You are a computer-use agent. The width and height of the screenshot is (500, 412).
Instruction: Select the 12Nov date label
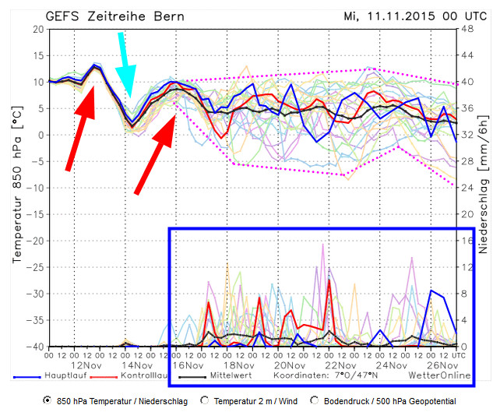pos(86,364)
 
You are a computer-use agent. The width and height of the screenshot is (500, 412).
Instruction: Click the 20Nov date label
pos(289,364)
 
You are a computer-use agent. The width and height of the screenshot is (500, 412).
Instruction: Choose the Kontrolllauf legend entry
pos(146,376)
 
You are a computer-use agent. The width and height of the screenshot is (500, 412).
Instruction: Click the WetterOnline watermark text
pos(441,376)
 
